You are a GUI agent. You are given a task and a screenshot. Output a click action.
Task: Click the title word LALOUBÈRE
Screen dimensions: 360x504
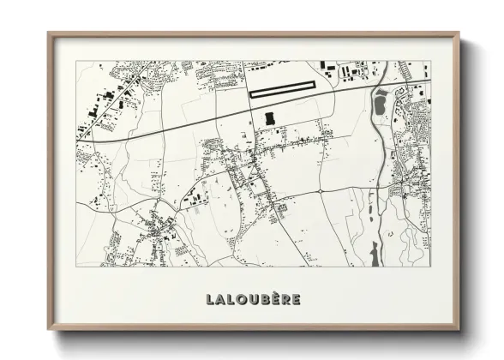(x=253, y=299)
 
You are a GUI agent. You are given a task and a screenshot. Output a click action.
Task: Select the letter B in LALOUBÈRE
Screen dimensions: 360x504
(x=261, y=299)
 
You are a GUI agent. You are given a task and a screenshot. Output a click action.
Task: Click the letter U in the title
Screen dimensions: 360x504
(x=249, y=299)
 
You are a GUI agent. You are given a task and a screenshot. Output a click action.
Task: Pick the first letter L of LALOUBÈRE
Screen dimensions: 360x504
(x=210, y=299)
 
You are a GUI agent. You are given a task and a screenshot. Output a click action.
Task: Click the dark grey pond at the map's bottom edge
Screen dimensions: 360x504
(x=374, y=253)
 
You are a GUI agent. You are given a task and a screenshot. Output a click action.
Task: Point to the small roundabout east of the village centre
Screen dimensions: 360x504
(x=319, y=189)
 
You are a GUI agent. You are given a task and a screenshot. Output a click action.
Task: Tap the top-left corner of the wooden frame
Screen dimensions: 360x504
(x=49, y=34)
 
